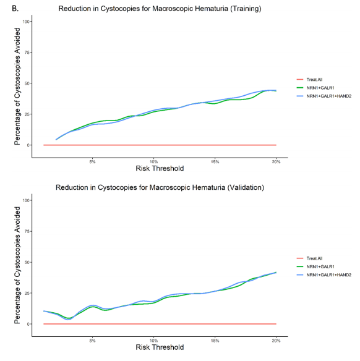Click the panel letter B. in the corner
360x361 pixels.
tap(15, 9)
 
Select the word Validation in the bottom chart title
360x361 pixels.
tap(246, 187)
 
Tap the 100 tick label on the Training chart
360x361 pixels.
tap(26, 22)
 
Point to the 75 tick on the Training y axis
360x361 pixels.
tap(27, 53)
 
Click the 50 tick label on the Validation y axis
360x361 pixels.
tap(27, 262)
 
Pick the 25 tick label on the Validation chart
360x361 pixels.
tap(27, 293)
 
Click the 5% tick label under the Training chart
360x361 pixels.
tap(92, 162)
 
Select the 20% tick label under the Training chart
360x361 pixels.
tap(276, 162)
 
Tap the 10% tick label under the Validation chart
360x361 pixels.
tap(153, 341)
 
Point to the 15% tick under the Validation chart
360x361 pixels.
tap(215, 341)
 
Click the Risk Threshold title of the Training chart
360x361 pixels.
tap(160, 168)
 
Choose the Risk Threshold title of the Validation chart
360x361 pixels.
tap(160, 347)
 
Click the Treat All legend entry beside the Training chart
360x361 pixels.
tap(309, 79)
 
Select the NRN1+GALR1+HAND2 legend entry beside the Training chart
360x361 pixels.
tap(324, 96)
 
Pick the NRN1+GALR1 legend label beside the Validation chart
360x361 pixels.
tap(320, 266)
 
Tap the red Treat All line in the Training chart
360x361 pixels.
tap(160, 145)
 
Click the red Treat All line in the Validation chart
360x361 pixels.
tap(160, 324)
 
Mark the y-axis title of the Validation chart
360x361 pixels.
tap(17, 265)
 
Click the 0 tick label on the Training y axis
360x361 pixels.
tap(28, 145)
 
